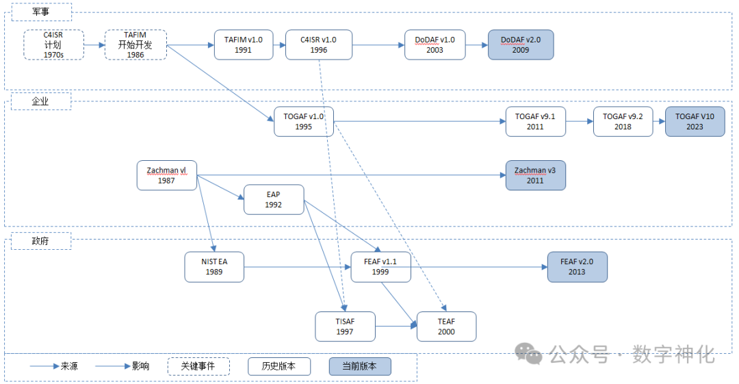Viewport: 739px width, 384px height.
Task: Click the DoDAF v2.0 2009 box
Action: (520, 44)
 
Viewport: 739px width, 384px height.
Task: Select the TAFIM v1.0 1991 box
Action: (243, 44)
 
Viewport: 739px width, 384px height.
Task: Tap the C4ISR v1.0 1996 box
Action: (319, 44)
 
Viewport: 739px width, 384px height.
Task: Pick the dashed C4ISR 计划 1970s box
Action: (53, 44)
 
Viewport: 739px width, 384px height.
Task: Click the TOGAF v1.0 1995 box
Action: (304, 121)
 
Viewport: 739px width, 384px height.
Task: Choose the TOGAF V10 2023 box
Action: (695, 121)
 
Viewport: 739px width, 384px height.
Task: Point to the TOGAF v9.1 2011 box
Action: (535, 121)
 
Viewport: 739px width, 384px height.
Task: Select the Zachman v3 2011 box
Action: (535, 175)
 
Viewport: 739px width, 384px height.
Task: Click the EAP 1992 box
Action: (274, 199)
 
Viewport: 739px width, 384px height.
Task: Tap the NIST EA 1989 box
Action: (214, 267)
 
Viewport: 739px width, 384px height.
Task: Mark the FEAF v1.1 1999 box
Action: (380, 267)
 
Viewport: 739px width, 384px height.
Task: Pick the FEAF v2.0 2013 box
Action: (577, 267)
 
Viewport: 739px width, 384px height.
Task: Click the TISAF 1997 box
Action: (345, 327)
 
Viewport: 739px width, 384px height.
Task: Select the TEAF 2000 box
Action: (446, 327)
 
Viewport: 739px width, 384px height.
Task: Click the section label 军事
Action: (41, 12)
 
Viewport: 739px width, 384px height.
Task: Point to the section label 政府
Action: (41, 240)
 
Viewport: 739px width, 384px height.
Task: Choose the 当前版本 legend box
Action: (359, 366)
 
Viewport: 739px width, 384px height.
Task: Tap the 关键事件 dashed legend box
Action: (198, 366)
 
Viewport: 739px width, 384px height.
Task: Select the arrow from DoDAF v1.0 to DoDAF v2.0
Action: (476, 44)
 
